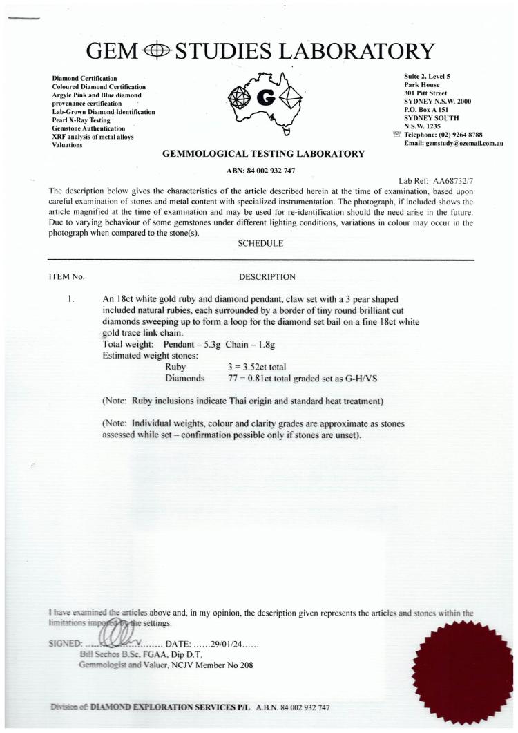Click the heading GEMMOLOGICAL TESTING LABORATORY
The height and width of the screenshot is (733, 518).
point(262,154)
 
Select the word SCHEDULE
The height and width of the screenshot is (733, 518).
point(260,242)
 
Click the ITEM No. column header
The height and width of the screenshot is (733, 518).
point(66,277)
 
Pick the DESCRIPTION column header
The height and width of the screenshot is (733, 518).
point(267,277)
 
